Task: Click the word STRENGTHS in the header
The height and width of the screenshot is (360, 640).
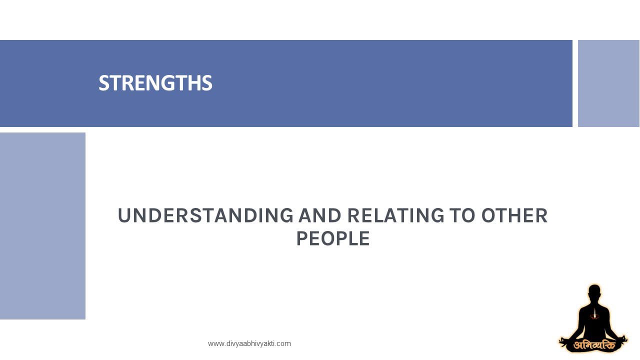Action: pyautogui.click(x=155, y=83)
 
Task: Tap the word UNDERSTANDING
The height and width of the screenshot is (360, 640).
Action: pyautogui.click(x=205, y=215)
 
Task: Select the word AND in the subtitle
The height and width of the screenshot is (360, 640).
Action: pyautogui.click(x=319, y=215)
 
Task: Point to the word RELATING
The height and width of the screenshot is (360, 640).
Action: pyautogui.click(x=396, y=215)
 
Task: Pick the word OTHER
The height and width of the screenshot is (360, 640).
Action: pyautogui.click(x=514, y=215)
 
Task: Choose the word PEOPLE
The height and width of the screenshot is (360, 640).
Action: pyautogui.click(x=333, y=238)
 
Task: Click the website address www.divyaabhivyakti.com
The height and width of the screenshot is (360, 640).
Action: pyautogui.click(x=249, y=343)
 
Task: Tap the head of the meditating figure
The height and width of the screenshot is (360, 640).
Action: pyautogui.click(x=594, y=293)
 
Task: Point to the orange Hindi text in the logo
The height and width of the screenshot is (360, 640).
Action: pyautogui.click(x=594, y=345)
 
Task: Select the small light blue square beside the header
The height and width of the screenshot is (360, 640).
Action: pyautogui.click(x=608, y=83)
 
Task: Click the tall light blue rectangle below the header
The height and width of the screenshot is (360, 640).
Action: pyautogui.click(x=42, y=225)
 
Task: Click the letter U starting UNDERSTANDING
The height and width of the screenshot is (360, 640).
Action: pyautogui.click(x=124, y=215)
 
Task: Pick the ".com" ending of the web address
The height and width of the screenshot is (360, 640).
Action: pyautogui.click(x=284, y=343)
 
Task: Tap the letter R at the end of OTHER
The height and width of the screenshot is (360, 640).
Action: pyautogui.click(x=541, y=215)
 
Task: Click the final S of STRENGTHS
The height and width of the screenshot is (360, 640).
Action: pyautogui.click(x=207, y=83)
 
